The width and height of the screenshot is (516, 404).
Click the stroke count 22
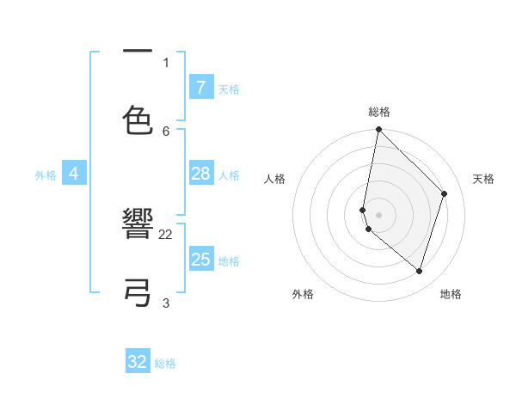[x=166, y=234]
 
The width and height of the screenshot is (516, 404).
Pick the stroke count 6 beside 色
[x=166, y=131]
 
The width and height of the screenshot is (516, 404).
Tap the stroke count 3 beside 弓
[x=166, y=303]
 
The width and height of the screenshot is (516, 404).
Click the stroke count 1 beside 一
[x=166, y=62]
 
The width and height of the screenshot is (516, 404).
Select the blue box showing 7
[x=200, y=87]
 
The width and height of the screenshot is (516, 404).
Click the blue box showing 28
[x=200, y=174]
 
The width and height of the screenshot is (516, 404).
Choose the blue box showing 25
[x=200, y=260]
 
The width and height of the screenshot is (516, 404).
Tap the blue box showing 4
[x=74, y=174]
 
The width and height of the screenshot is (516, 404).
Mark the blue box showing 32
[x=138, y=362]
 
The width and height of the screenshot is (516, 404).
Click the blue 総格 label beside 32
[x=165, y=364]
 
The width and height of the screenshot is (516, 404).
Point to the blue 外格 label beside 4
[x=46, y=175]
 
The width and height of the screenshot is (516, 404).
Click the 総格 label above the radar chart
[x=378, y=112]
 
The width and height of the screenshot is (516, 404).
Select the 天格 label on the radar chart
[x=483, y=179]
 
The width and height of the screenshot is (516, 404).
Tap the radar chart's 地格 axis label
[x=451, y=294]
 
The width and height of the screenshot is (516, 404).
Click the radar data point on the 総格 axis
[x=378, y=129]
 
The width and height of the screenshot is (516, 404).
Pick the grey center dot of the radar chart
[x=378, y=214]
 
